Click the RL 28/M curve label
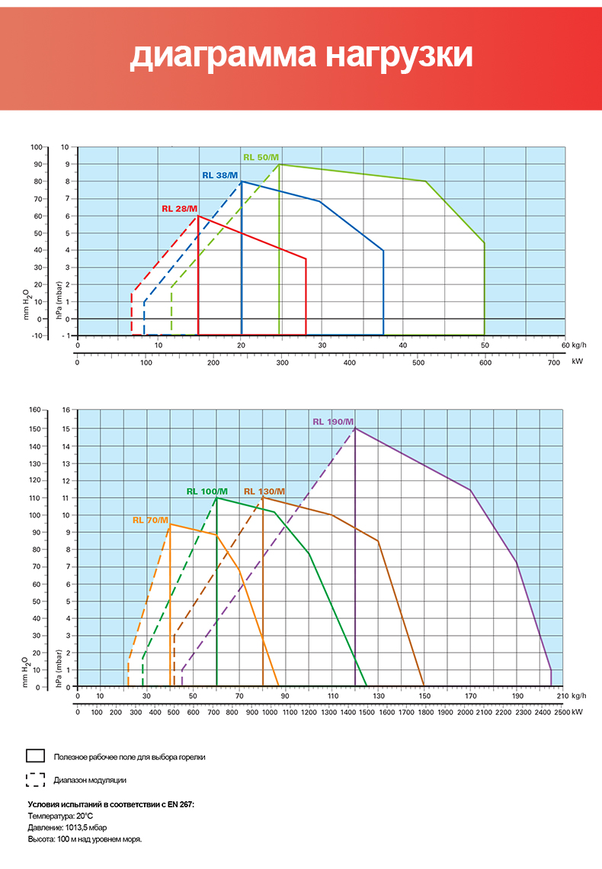[179, 209]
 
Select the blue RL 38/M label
[219, 175]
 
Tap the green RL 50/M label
[261, 157]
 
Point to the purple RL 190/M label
[333, 422]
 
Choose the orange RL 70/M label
[150, 520]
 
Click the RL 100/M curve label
[206, 491]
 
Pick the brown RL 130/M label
[264, 491]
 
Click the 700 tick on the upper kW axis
[553, 362]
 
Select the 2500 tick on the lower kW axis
[562, 713]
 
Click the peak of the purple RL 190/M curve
[355, 428]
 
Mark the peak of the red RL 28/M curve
[198, 216]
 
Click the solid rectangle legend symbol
[35, 755]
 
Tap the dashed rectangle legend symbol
[35, 779]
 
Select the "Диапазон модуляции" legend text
[90, 780]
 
